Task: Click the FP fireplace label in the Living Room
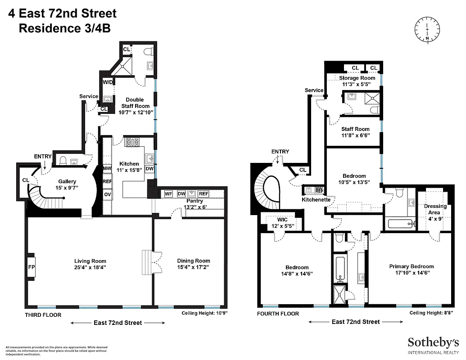(32, 267)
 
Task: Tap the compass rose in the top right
(426, 28)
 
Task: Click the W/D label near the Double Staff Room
(108, 82)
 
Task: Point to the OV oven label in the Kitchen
(107, 194)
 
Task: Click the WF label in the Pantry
(168, 193)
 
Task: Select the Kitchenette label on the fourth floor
(316, 199)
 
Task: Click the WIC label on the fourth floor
(282, 220)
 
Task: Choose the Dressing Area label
(435, 209)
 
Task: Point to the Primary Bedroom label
(412, 266)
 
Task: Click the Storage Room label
(357, 78)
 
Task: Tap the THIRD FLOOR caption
(43, 315)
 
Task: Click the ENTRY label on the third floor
(43, 156)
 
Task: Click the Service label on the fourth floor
(314, 90)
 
